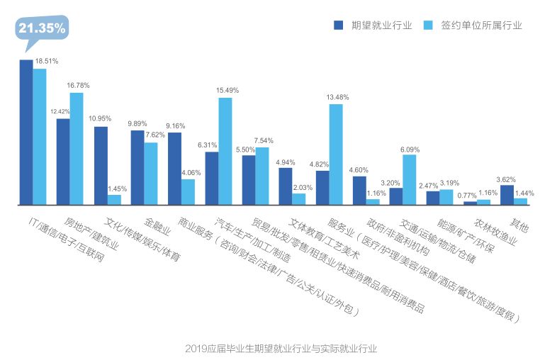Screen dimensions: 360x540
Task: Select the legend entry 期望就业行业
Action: coord(373,26)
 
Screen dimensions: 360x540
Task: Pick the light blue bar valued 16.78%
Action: coord(77,149)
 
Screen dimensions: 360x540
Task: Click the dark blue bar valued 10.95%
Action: coord(101,166)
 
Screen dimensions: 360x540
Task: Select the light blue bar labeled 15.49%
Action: coord(225,151)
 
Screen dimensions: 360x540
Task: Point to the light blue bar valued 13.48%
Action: coord(336,154)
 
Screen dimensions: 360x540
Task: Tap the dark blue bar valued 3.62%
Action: coord(507,195)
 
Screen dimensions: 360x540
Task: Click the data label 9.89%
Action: coord(139,123)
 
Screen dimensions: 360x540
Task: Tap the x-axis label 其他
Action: coord(519,225)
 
